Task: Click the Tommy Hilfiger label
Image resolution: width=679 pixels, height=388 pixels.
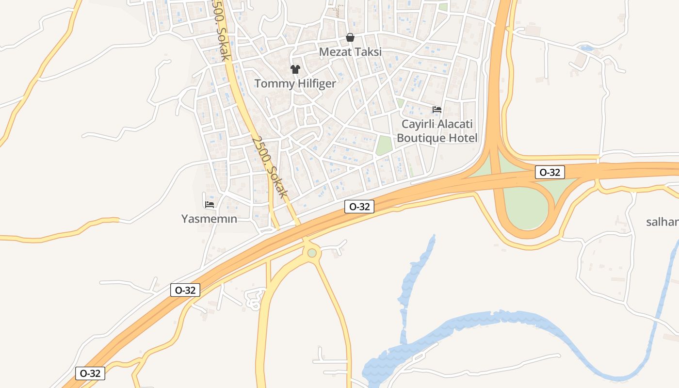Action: click(x=295, y=83)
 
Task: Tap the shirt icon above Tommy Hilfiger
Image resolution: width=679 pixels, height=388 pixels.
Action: click(x=295, y=69)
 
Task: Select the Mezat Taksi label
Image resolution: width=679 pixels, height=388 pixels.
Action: click(x=350, y=51)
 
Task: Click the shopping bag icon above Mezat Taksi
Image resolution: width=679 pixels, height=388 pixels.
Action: click(x=350, y=37)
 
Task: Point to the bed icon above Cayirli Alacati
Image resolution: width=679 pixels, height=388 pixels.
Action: click(x=437, y=110)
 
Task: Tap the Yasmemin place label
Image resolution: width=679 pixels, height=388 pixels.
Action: click(x=209, y=219)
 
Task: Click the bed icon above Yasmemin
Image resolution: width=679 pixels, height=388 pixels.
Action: click(x=210, y=205)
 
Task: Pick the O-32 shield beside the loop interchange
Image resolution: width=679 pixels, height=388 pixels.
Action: click(x=550, y=172)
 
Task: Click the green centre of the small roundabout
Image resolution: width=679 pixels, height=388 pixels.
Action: click(x=312, y=253)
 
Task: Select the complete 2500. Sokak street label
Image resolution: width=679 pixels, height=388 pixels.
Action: click(x=270, y=166)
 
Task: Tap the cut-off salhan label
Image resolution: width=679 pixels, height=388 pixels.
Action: click(x=663, y=222)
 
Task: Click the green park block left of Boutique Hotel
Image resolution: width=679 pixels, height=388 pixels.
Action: click(x=384, y=145)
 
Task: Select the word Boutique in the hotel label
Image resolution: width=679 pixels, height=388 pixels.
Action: click(x=421, y=138)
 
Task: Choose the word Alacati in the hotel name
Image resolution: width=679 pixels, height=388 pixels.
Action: click(x=454, y=124)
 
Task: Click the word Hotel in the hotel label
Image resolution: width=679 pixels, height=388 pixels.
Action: click(x=463, y=138)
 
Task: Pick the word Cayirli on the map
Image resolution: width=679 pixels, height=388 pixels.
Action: click(x=417, y=124)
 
